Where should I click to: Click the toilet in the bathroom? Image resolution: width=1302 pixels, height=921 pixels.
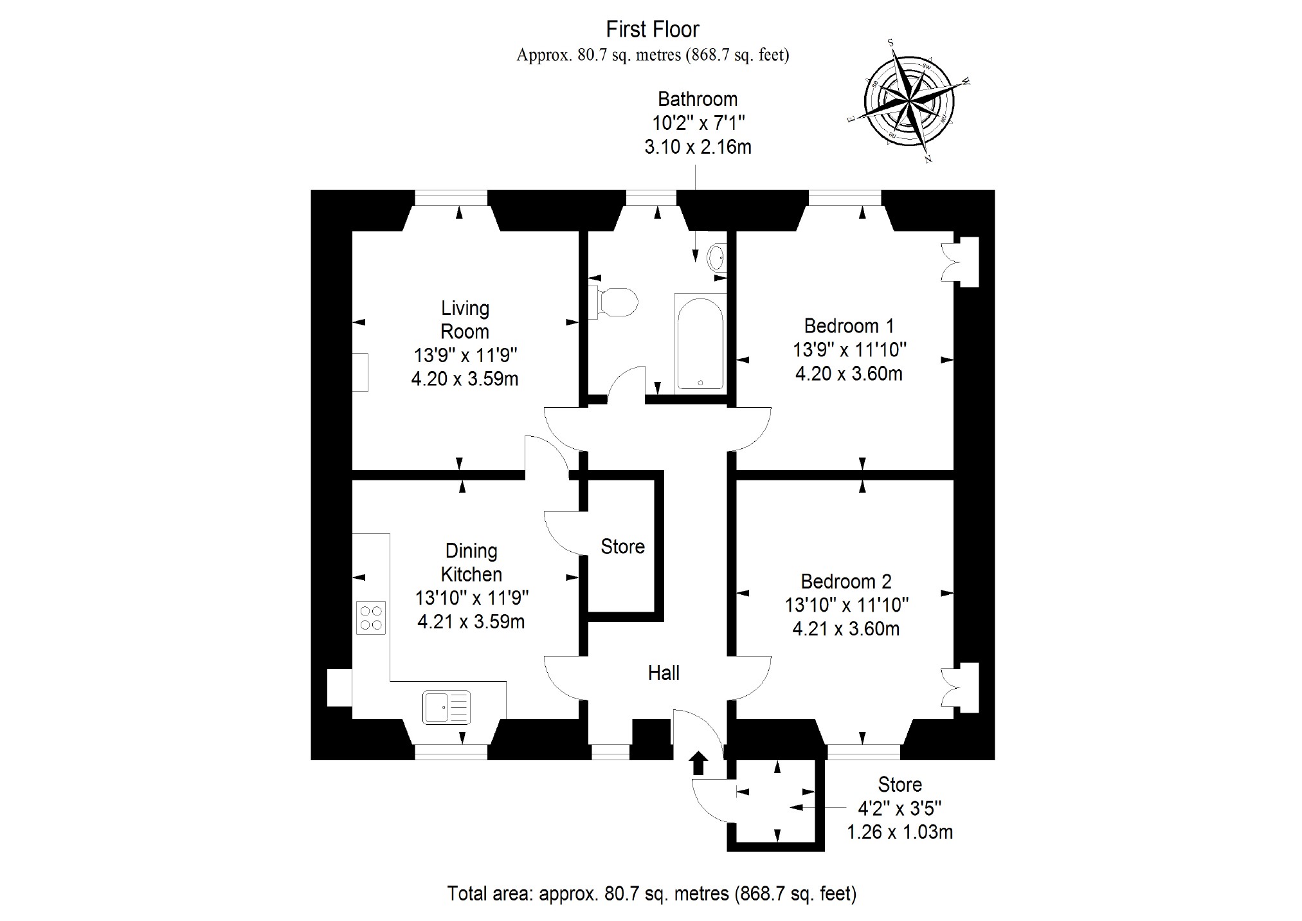(x=616, y=302)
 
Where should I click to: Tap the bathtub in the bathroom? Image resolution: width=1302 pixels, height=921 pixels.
(x=700, y=343)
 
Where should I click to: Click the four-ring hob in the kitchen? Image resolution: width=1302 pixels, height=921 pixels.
(x=371, y=618)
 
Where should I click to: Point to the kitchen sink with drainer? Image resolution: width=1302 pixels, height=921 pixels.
(x=446, y=707)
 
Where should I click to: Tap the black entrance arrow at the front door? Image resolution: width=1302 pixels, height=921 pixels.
(x=699, y=763)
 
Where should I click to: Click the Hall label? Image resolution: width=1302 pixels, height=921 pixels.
(x=664, y=673)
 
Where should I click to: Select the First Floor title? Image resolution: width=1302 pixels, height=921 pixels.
(x=652, y=29)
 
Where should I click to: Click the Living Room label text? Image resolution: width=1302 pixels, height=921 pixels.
(x=464, y=320)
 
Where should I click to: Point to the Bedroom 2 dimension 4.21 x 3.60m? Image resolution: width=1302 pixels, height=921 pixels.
(x=845, y=628)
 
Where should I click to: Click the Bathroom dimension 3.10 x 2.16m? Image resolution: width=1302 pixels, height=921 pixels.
(x=698, y=147)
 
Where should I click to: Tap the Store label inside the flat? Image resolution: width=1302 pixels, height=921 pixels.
(x=622, y=547)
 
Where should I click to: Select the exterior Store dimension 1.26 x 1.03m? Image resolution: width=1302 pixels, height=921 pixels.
(x=900, y=832)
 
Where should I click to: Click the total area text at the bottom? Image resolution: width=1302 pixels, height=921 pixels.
(x=651, y=893)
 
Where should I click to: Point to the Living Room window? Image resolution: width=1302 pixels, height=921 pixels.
(x=451, y=197)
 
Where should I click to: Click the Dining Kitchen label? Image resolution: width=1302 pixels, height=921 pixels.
(x=471, y=562)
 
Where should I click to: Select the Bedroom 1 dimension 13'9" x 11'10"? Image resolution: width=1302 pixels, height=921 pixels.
(x=849, y=350)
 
